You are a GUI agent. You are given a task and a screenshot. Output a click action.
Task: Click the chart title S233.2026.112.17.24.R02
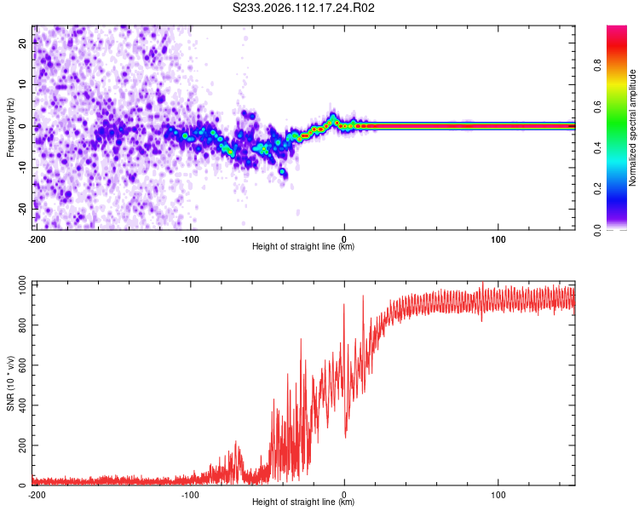click(x=304, y=9)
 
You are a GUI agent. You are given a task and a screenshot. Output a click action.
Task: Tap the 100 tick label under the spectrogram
click(x=498, y=238)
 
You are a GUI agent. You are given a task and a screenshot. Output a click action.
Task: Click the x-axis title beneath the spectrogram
click(x=304, y=246)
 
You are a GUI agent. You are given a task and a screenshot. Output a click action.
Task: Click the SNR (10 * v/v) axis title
click(x=10, y=383)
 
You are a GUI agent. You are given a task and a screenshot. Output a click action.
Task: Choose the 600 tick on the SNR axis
click(x=20, y=364)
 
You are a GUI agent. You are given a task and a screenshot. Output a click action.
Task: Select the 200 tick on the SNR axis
click(x=20, y=445)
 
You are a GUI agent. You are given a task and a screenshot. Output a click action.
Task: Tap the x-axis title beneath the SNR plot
click(x=304, y=502)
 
